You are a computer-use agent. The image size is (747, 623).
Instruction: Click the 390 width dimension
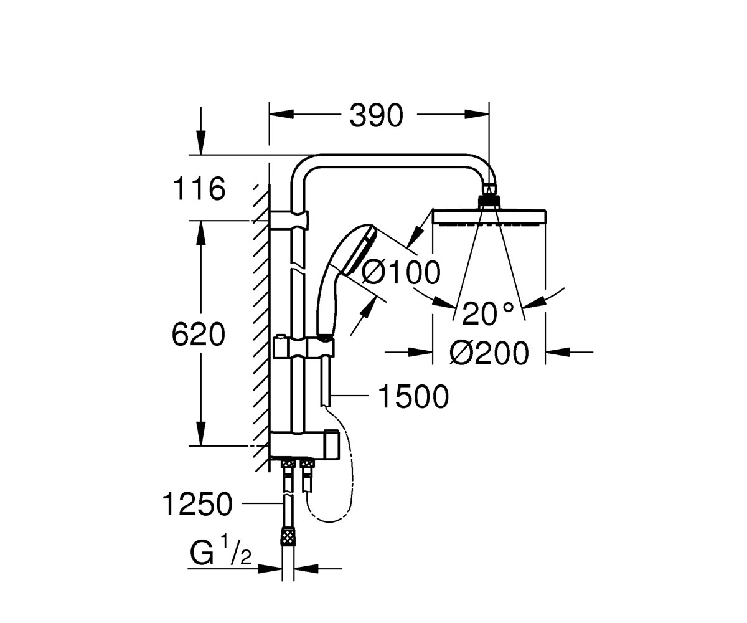[x=376, y=116]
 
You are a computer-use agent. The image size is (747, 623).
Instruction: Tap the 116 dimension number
[x=199, y=189]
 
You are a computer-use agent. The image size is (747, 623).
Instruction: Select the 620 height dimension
[x=199, y=334]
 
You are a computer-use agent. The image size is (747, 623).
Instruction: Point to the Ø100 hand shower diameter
[x=401, y=273]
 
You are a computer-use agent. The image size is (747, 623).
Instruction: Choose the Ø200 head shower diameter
[x=489, y=353]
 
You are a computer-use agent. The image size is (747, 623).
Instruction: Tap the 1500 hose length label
[x=413, y=396]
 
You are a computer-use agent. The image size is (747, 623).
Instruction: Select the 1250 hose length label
[x=197, y=504]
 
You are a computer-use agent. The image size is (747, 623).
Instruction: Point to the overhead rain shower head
[x=489, y=217]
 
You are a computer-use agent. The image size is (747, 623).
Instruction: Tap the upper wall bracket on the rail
[x=289, y=221]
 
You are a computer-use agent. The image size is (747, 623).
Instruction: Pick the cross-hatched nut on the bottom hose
[x=288, y=536]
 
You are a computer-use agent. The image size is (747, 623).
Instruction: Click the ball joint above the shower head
[x=489, y=196]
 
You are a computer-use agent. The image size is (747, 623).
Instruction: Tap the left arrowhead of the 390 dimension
[x=281, y=115]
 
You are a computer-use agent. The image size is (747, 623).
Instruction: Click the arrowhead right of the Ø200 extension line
[x=557, y=352]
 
